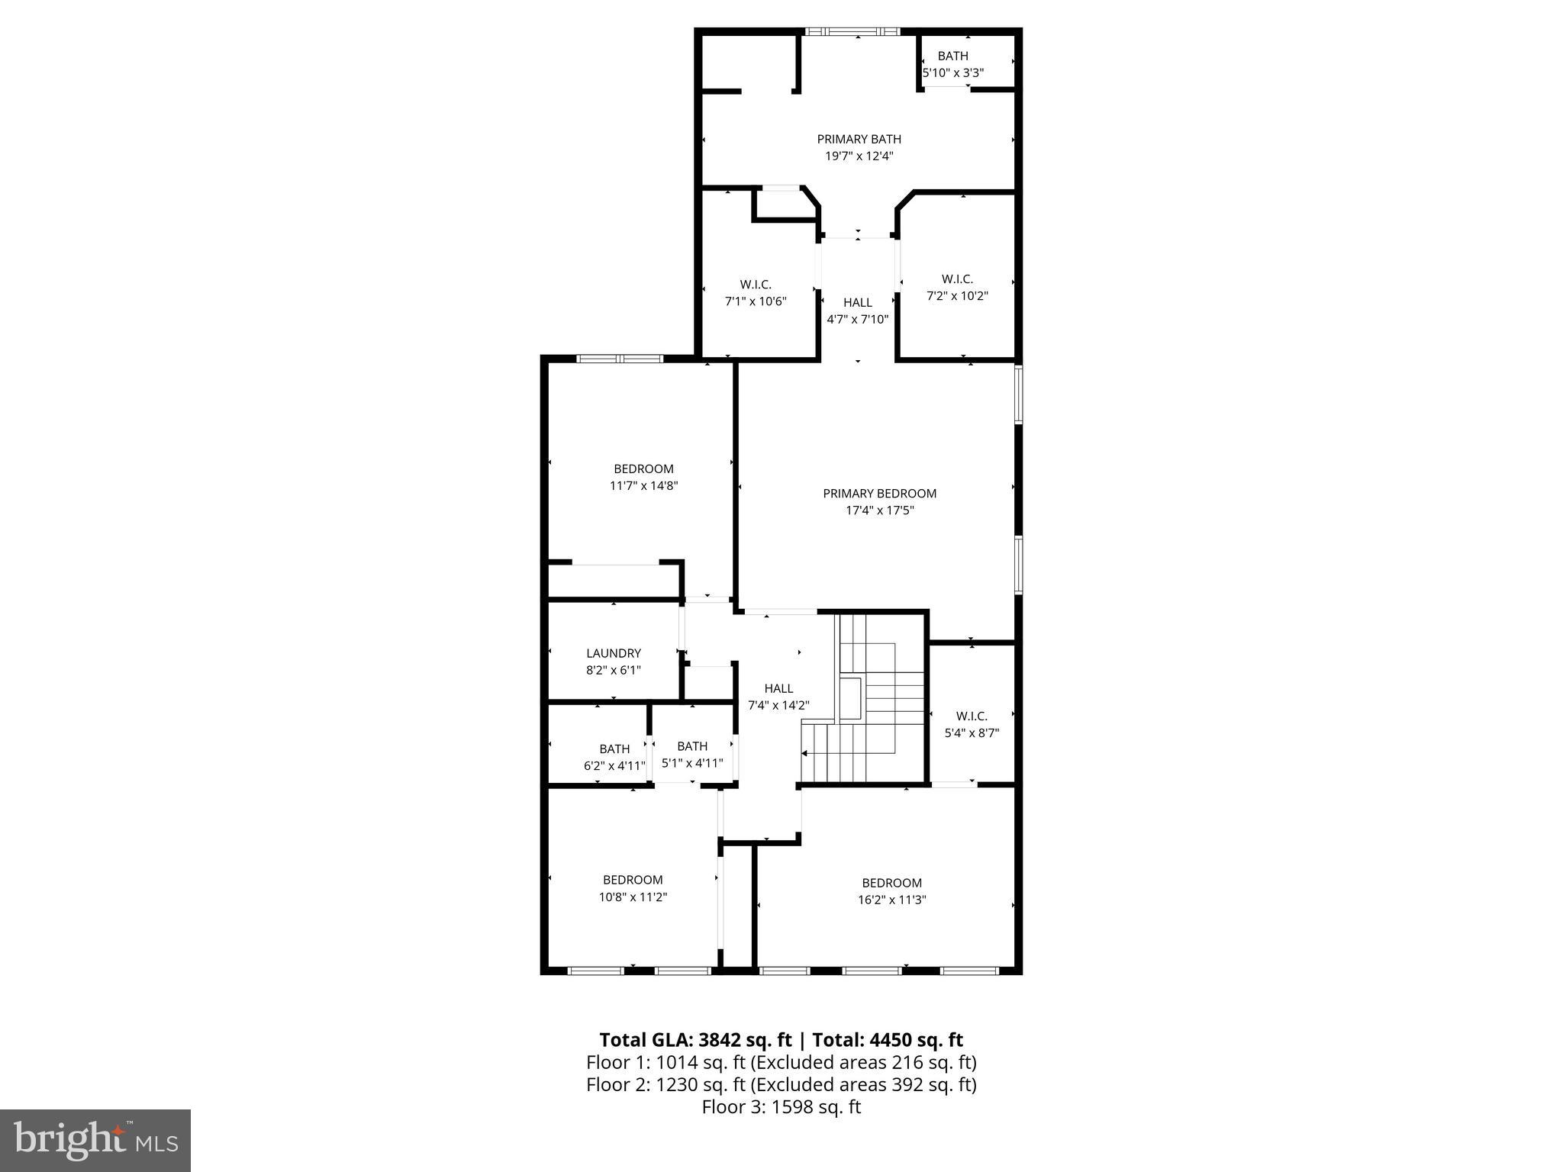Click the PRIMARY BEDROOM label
[x=879, y=494]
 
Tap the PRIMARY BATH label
[x=859, y=139]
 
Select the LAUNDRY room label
[x=614, y=653]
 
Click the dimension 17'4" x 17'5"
[x=879, y=510]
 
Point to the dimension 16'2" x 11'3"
[x=891, y=900]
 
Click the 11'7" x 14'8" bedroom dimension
[x=643, y=485]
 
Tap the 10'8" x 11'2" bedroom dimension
[x=633, y=897]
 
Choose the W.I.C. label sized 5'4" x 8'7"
[x=972, y=716]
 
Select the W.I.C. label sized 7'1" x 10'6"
[x=755, y=285]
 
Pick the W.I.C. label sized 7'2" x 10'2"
[x=957, y=279]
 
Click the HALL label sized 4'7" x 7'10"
[x=858, y=302]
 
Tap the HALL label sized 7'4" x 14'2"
[x=778, y=688]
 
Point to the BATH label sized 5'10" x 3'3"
[x=952, y=56]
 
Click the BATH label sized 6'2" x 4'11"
[x=614, y=749]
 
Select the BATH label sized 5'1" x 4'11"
[x=692, y=745]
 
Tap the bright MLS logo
[x=95, y=1141]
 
